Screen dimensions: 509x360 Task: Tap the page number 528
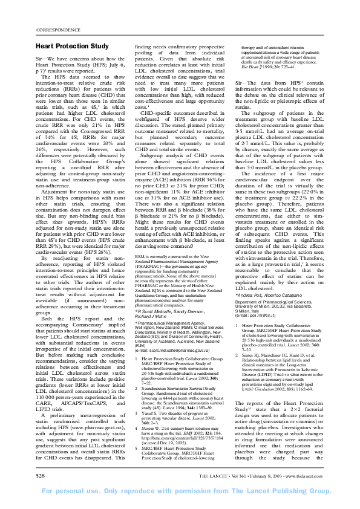[41, 476]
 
